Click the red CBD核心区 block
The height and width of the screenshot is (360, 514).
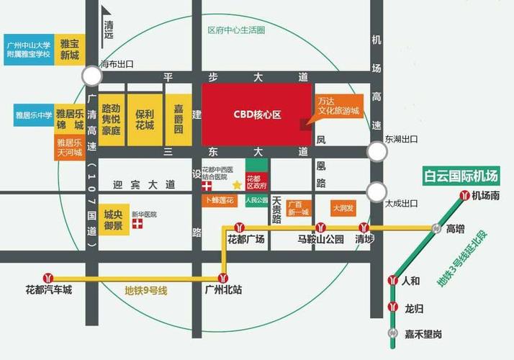256,114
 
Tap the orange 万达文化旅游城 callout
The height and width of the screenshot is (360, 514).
338,110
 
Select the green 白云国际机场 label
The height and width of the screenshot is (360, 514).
462,176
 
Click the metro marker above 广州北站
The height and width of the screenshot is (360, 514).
224,276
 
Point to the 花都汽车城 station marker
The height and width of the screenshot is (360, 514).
49,277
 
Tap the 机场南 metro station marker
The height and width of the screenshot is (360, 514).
466,194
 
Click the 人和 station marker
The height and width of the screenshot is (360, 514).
393,280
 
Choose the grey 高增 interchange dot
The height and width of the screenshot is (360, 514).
436,228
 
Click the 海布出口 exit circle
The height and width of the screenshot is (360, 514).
91,76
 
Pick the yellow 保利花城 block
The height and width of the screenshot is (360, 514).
145,120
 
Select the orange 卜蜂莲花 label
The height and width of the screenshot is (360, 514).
219,199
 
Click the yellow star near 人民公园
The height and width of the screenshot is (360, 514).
237,185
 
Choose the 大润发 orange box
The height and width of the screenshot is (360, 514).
342,208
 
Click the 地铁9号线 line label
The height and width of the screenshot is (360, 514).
145,291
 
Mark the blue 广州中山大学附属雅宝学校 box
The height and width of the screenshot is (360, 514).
29,49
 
